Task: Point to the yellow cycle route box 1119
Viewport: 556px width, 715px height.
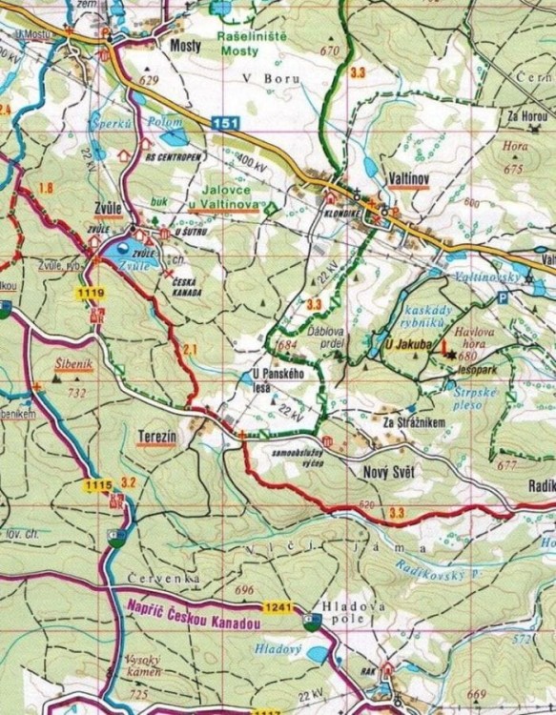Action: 91,290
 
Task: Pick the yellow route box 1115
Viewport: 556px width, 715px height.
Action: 98,486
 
